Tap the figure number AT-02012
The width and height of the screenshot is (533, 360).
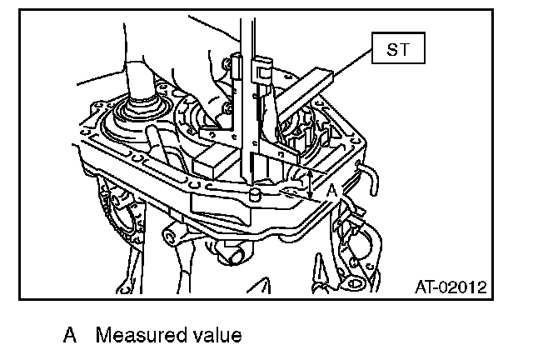click(450, 287)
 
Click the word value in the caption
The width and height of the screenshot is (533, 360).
click(216, 336)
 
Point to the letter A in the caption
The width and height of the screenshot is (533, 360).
click(72, 336)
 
